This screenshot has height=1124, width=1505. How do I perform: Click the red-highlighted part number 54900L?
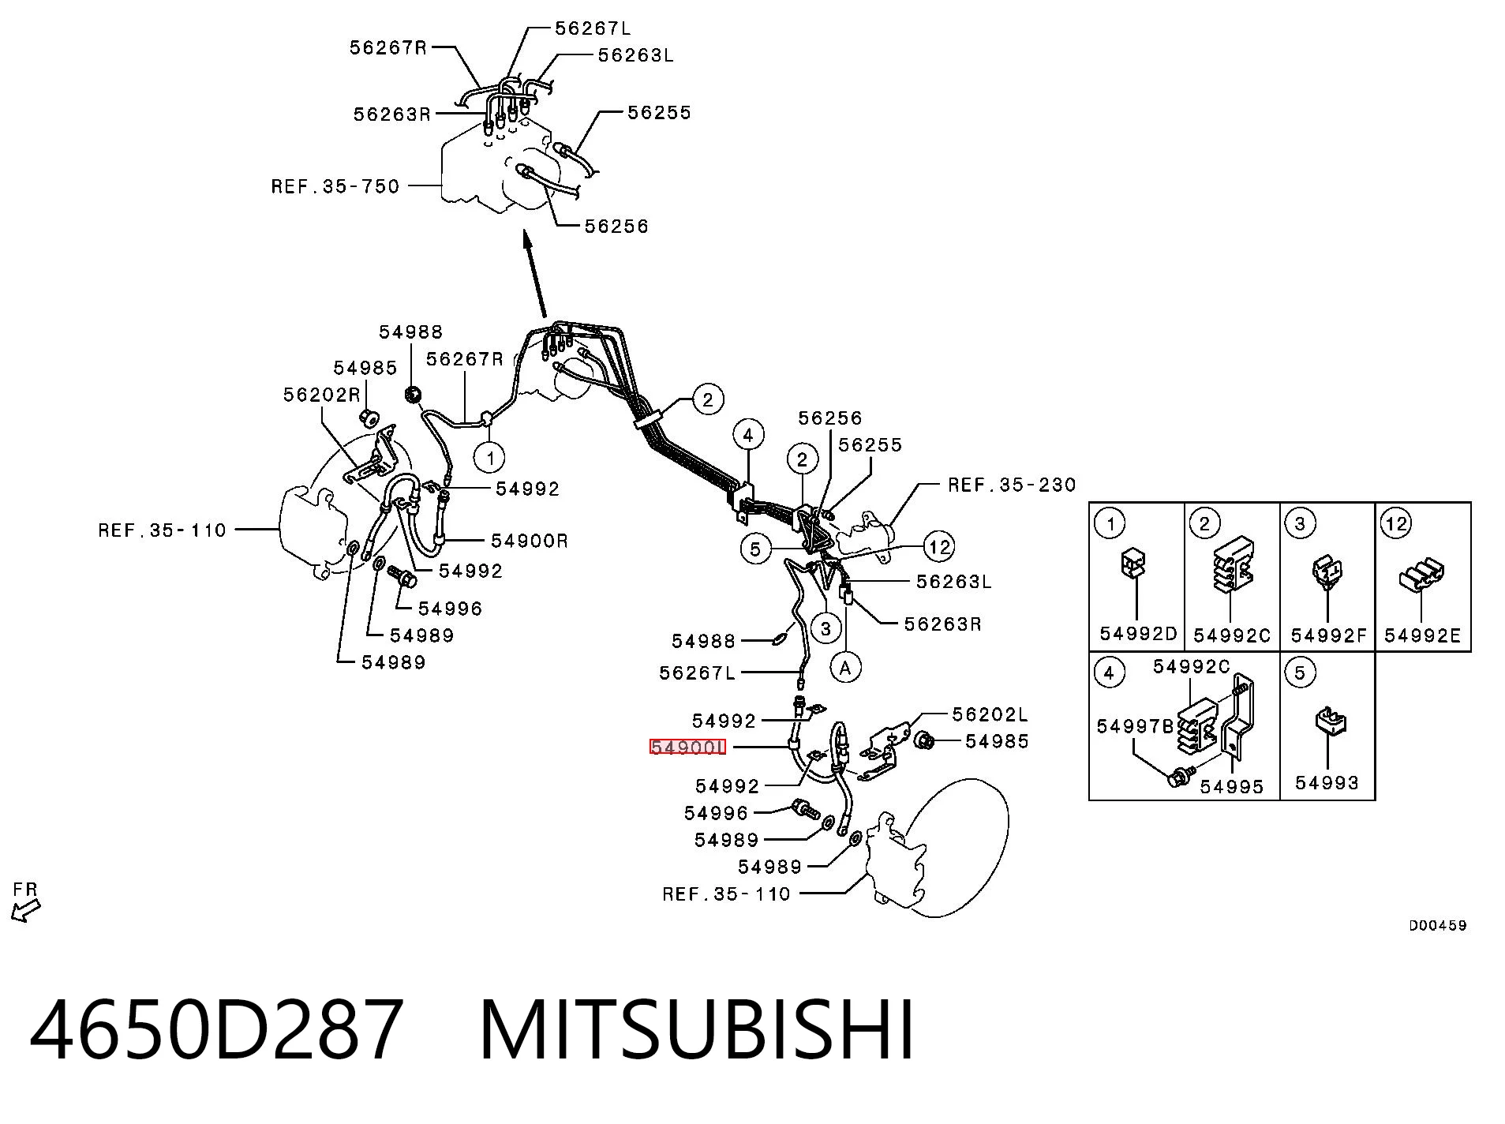687,747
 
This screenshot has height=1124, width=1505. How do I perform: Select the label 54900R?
530,541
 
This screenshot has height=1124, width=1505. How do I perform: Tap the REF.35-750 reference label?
335,186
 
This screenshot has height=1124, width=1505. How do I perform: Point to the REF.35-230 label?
1012,485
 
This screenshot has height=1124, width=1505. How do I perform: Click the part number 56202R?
321,395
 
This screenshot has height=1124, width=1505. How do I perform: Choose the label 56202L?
990,714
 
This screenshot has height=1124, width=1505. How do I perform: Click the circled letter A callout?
846,668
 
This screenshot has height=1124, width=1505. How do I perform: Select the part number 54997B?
1135,726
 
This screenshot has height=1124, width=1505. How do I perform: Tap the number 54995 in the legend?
1232,786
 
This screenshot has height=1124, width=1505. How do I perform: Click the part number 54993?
1327,782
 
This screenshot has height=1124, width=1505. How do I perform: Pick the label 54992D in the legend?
1138,633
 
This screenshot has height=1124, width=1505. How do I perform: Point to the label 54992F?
1328,635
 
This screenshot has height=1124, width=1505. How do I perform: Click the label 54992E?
1423,635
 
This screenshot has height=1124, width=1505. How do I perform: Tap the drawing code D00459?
1438,925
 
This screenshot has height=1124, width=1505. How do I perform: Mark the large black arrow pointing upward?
533,274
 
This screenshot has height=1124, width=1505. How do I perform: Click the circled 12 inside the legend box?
1396,523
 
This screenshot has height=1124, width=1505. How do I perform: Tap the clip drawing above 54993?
1330,724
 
